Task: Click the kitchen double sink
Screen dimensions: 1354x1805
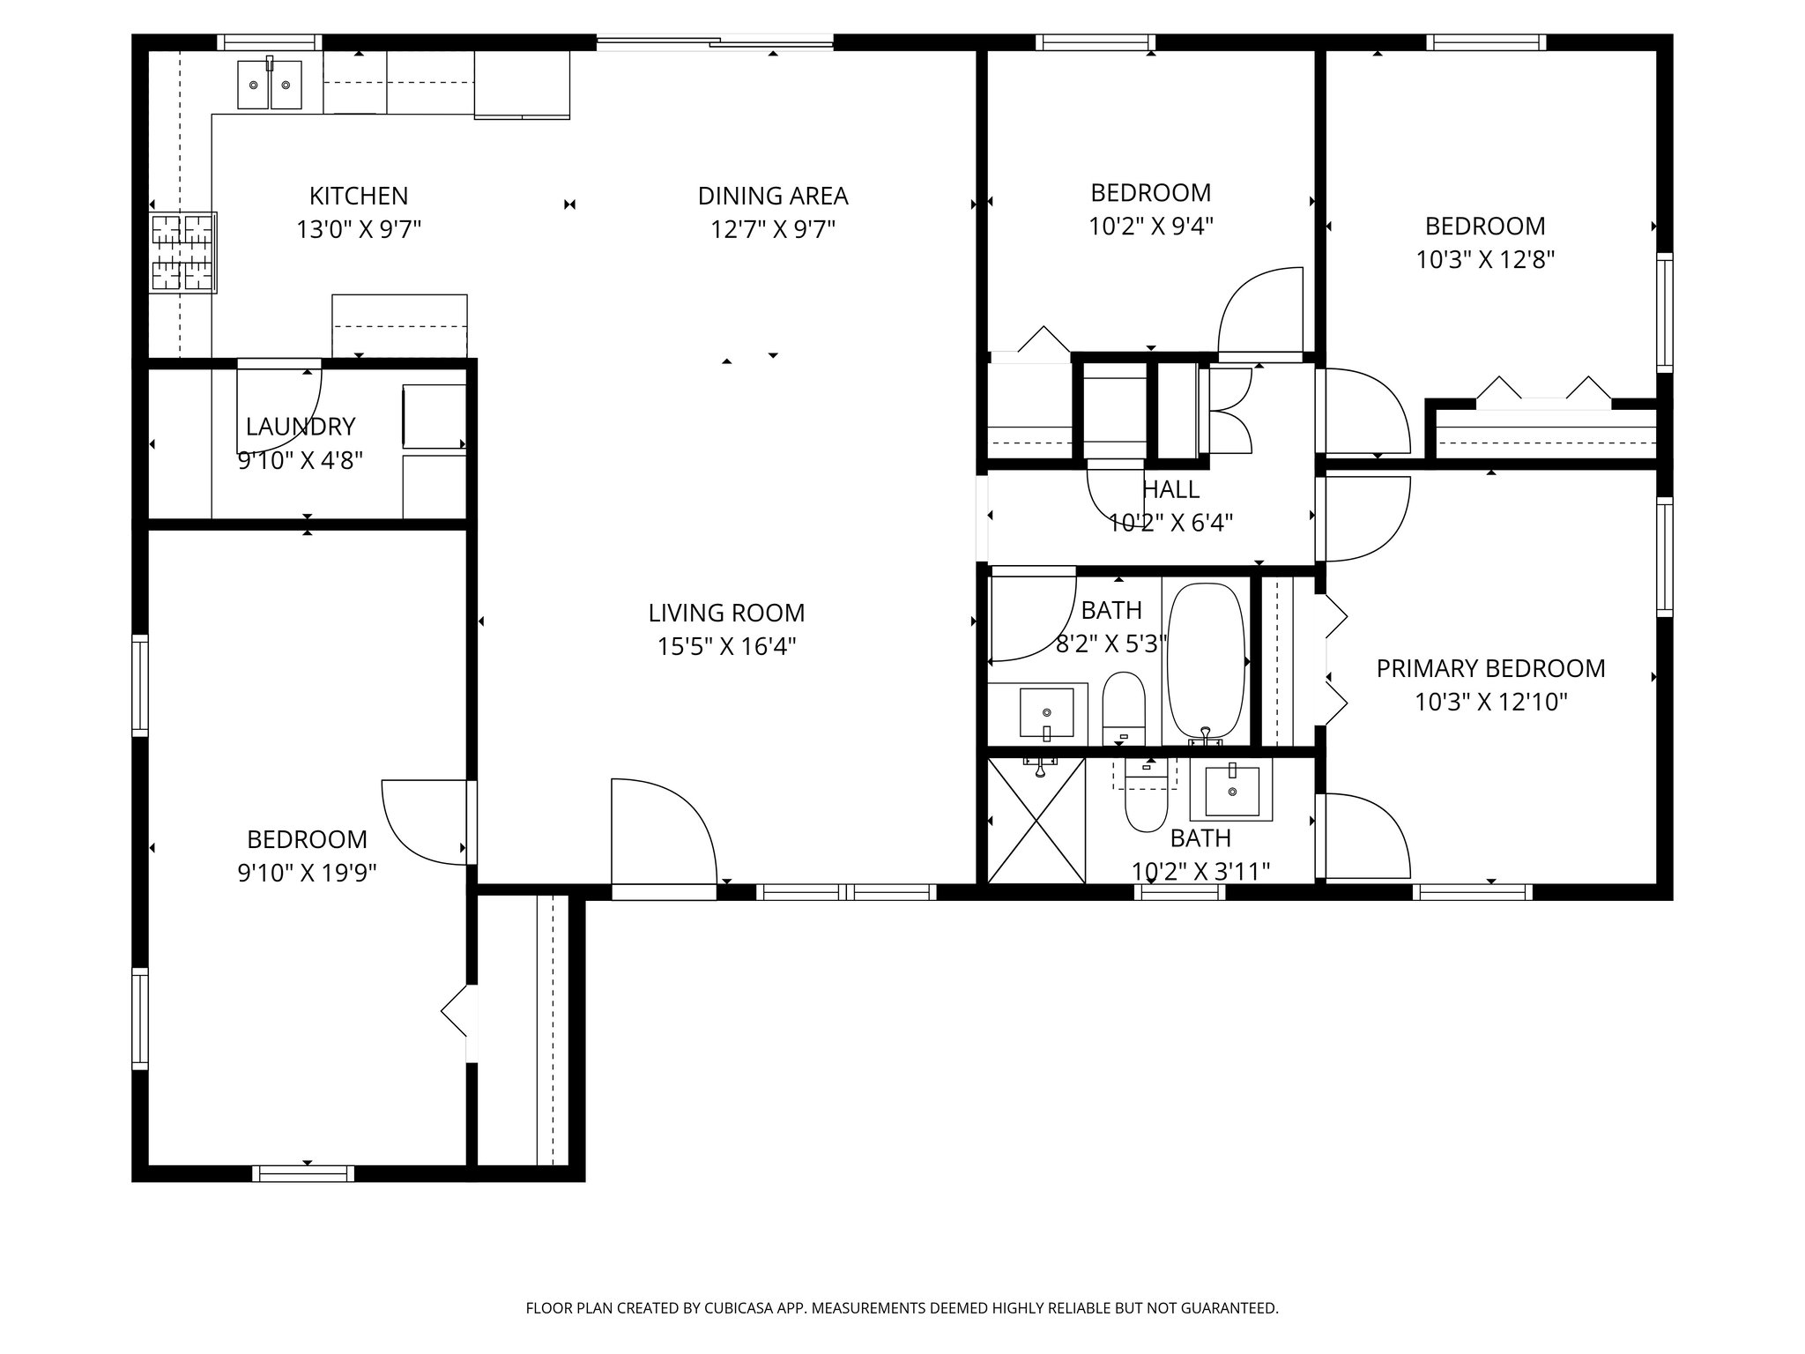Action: (x=269, y=84)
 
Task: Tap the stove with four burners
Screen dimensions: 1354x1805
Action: (x=183, y=252)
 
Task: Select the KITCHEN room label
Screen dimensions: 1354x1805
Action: (x=358, y=196)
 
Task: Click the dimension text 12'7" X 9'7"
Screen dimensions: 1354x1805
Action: (x=773, y=229)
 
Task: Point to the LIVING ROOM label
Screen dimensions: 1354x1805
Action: (x=726, y=613)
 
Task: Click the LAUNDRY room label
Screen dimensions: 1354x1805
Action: (x=301, y=427)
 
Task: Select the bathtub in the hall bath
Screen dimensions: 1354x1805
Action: (x=1206, y=658)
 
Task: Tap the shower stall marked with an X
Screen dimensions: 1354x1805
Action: (x=1036, y=820)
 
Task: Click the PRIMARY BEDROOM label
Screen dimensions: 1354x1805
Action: (x=1490, y=668)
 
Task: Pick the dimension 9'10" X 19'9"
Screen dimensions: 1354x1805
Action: (x=307, y=873)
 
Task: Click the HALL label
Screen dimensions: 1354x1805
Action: (x=1170, y=488)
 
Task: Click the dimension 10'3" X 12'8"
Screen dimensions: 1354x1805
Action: (x=1485, y=260)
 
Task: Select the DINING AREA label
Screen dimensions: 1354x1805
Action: (x=773, y=196)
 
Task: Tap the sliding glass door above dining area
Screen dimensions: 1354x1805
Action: (x=715, y=41)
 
